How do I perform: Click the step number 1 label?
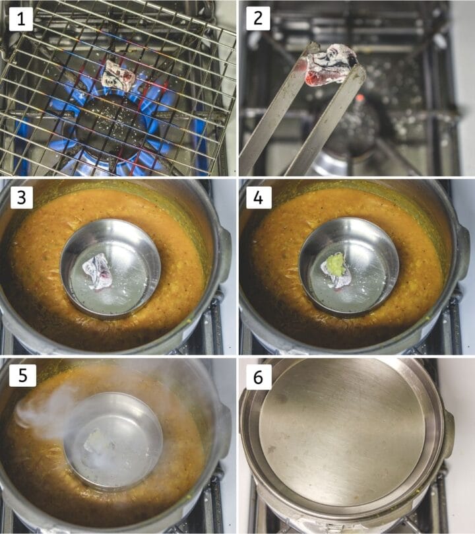coord(21,18)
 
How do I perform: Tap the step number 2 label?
coord(258,18)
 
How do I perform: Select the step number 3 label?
coord(21,197)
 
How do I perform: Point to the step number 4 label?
coord(258,197)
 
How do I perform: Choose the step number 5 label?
coord(22,376)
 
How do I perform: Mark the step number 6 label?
coord(258,377)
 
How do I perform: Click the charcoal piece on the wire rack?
coord(118,76)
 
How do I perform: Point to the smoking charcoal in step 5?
coord(99,444)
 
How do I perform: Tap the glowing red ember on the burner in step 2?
coord(359,99)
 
